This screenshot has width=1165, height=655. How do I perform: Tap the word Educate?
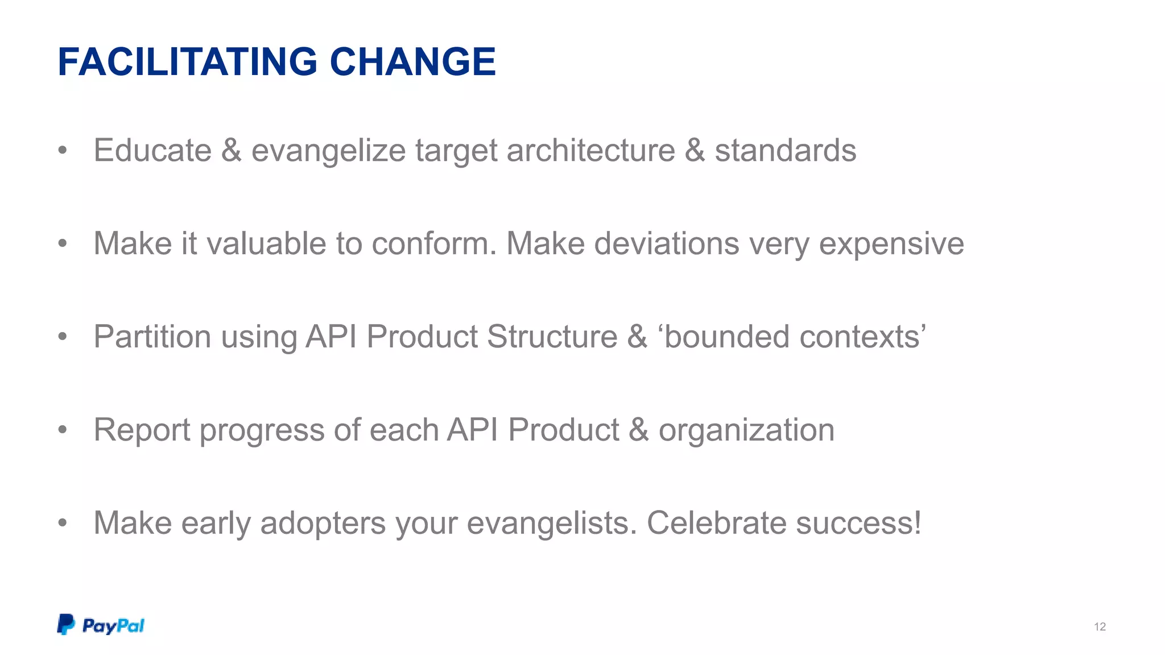pyautogui.click(x=152, y=151)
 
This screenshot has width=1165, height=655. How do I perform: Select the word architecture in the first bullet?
pyautogui.click(x=590, y=151)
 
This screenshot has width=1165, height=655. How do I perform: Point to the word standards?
pyautogui.click(x=785, y=151)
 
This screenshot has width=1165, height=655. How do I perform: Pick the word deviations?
pyautogui.click(x=667, y=244)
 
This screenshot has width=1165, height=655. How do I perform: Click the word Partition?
pyautogui.click(x=152, y=337)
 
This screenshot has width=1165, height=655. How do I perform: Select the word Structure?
pyautogui.click(x=552, y=337)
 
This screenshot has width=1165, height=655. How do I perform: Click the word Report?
pyautogui.click(x=142, y=430)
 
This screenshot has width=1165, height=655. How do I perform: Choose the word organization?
pyautogui.click(x=746, y=430)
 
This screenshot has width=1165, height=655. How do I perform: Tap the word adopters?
pyautogui.click(x=323, y=524)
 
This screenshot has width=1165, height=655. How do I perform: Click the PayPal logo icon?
pyautogui.click(x=66, y=624)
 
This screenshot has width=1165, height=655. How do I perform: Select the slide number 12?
pyautogui.click(x=1100, y=627)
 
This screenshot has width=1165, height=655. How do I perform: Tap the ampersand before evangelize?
pyautogui.click(x=231, y=151)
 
